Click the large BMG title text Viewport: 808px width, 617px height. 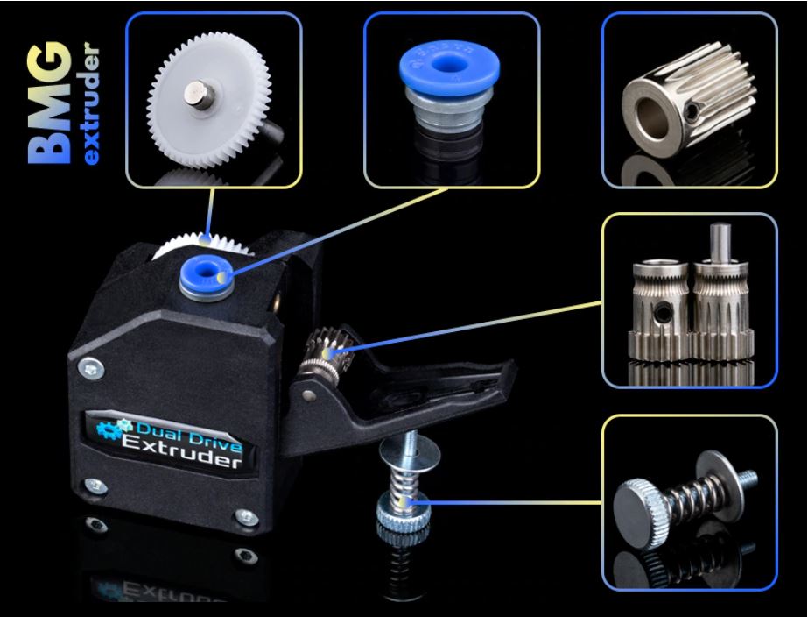tap(50, 103)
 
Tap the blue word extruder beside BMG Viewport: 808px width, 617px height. tap(91, 106)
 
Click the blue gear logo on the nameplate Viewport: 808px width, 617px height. tap(114, 429)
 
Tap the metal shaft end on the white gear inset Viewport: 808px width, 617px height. tap(200, 95)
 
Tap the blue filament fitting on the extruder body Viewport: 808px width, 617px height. tap(206, 278)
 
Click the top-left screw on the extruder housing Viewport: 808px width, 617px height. tap(91, 368)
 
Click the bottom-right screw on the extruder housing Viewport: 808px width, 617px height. tap(245, 516)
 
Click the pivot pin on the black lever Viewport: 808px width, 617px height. tap(309, 395)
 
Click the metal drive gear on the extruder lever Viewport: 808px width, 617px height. tap(327, 351)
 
